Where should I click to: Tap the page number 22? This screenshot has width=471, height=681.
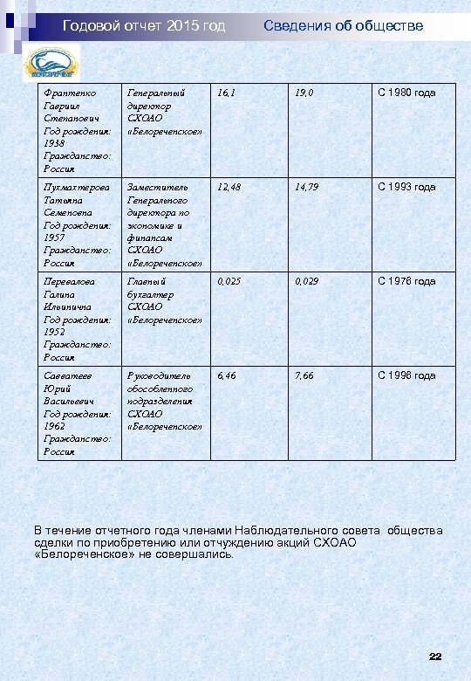(436, 655)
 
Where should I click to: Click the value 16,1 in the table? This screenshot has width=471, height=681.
(226, 93)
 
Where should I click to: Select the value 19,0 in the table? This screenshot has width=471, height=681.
(304, 93)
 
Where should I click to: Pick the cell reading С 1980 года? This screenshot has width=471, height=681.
(406, 93)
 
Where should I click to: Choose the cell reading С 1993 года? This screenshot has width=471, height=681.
(406, 187)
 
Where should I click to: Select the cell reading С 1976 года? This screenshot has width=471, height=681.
(406, 281)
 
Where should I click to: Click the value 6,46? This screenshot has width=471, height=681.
(226, 375)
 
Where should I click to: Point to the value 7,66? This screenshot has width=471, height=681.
(304, 375)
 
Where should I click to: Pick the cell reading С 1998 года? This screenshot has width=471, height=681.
(406, 375)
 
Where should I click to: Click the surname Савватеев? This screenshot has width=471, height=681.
(68, 375)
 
